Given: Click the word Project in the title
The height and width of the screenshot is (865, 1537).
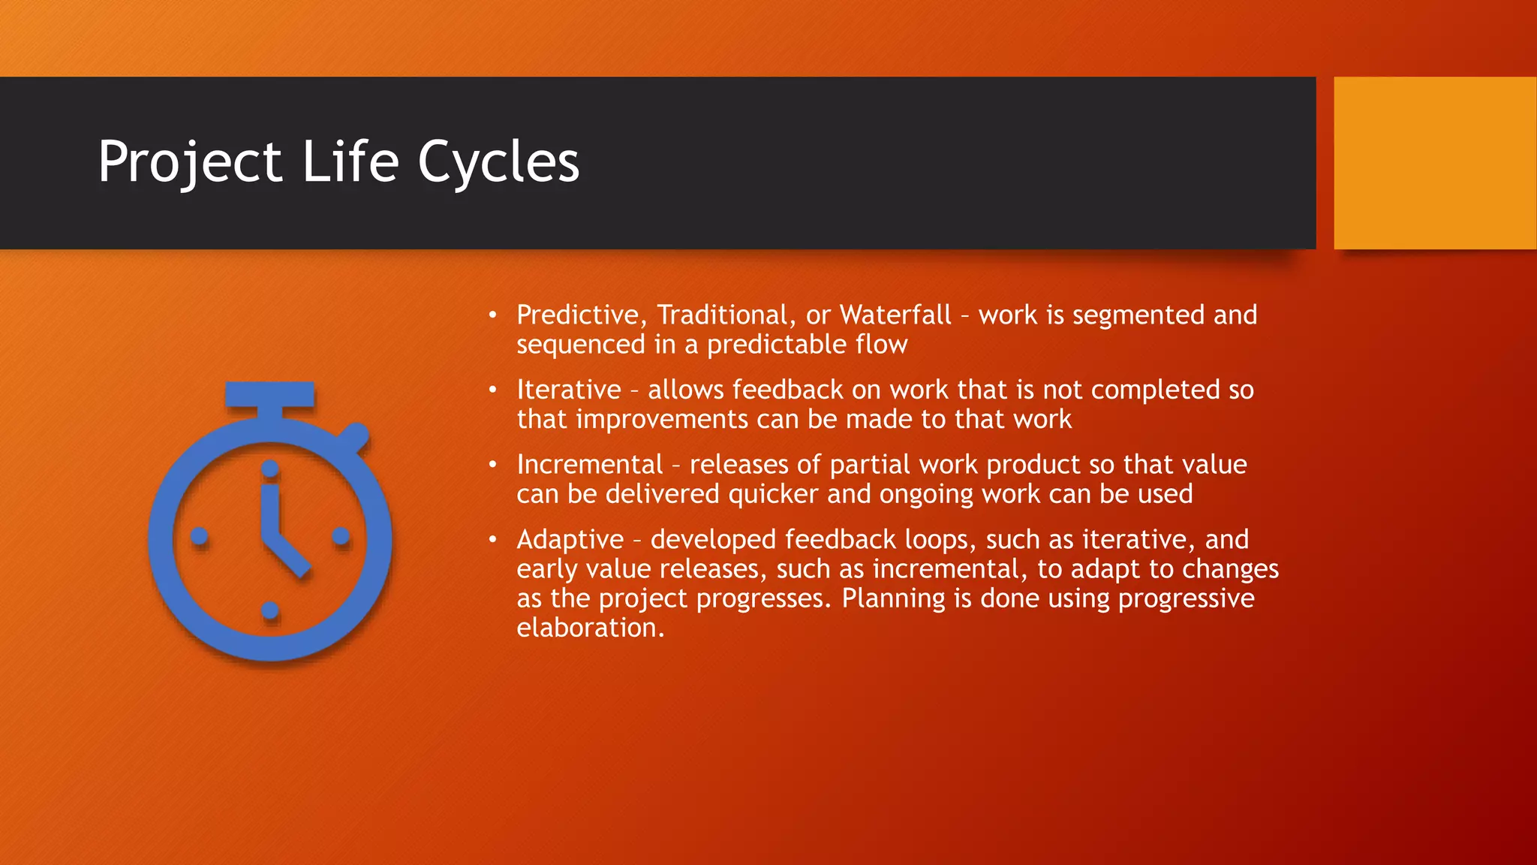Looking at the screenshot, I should (x=190, y=162).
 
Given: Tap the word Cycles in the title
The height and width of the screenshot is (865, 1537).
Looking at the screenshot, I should (x=498, y=162).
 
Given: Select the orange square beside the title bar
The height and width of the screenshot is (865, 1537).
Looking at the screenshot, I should (x=1434, y=163).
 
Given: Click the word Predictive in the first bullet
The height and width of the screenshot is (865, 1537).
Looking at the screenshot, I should (x=577, y=315).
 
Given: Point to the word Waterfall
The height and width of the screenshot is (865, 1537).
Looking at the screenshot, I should (x=895, y=315).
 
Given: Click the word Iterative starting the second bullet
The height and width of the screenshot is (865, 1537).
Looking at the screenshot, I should (x=569, y=390).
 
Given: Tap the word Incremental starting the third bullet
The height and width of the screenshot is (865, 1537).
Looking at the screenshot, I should (x=590, y=465).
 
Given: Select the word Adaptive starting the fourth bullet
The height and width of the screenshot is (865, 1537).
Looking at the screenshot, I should (x=570, y=540).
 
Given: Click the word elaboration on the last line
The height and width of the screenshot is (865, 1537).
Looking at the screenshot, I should (x=590, y=628).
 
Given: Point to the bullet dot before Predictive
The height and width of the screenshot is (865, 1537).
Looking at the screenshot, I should (x=492, y=315).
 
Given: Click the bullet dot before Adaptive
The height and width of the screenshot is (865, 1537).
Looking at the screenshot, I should (x=492, y=540).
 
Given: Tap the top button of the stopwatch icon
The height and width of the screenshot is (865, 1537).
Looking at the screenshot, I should (x=270, y=394).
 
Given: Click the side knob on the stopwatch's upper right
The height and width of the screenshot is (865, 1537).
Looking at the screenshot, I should (x=355, y=436).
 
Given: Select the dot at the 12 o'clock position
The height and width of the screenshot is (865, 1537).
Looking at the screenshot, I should (x=270, y=469).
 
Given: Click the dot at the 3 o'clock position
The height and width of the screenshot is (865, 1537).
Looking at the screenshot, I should (x=341, y=536).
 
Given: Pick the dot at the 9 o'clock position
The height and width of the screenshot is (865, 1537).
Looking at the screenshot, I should (x=200, y=536).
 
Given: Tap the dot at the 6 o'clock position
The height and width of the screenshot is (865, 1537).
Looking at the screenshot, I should (x=270, y=610).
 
